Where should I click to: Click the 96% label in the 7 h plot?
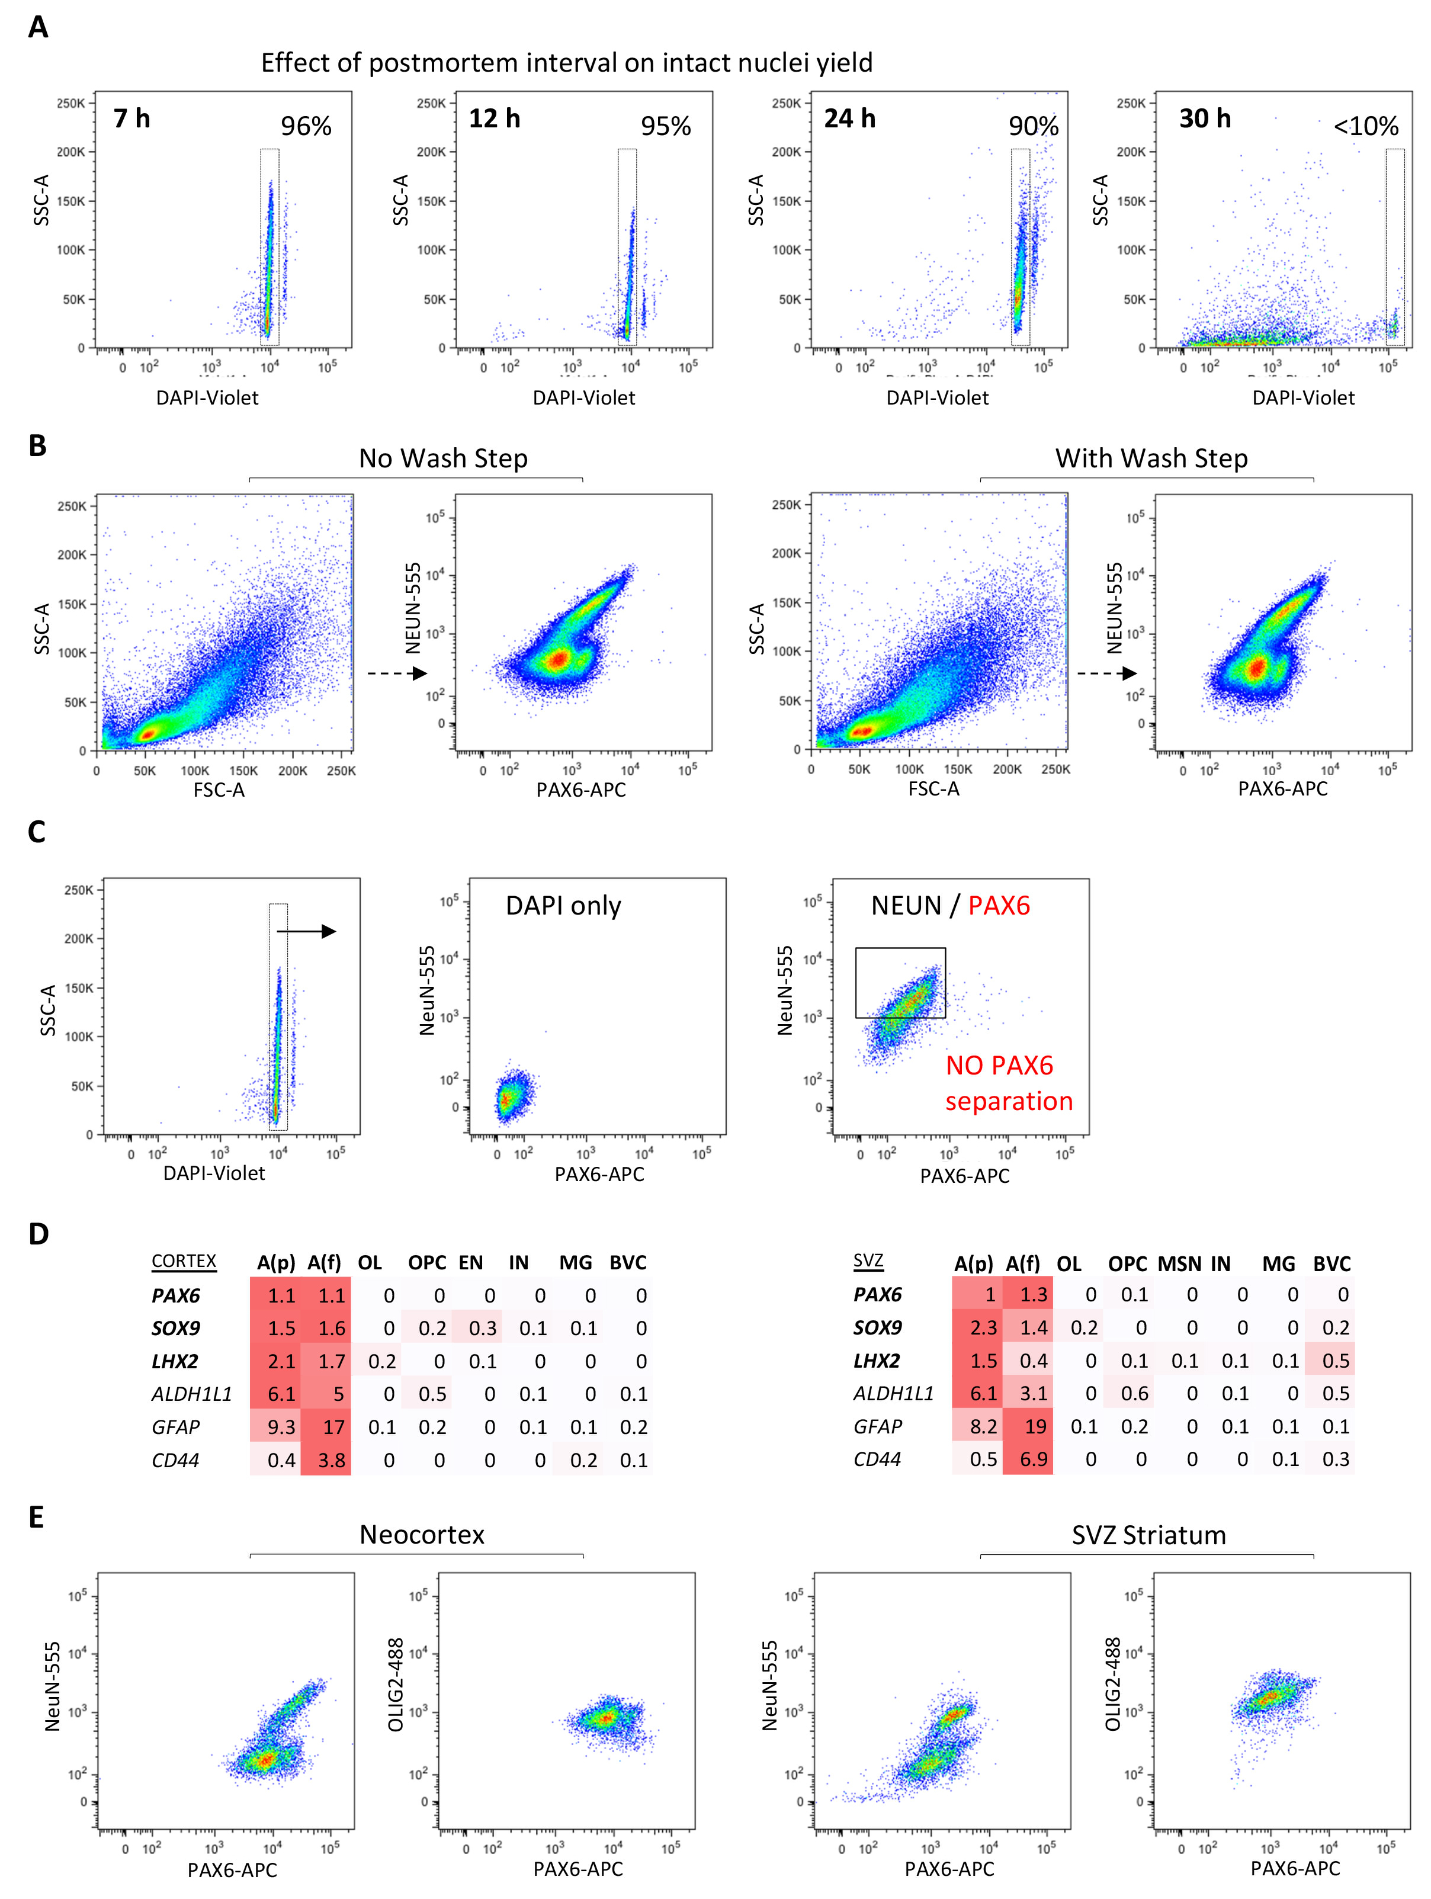(x=306, y=126)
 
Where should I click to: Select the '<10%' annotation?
(x=1365, y=126)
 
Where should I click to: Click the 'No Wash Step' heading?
(x=443, y=458)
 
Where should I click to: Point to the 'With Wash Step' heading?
(x=1151, y=458)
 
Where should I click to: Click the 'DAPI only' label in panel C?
(x=563, y=906)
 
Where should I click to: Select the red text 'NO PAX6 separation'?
(x=1009, y=1083)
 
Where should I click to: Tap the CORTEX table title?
(x=184, y=1261)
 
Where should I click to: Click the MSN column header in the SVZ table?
(x=1179, y=1263)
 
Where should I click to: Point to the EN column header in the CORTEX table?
(x=470, y=1263)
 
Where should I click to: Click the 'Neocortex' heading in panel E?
(x=422, y=1534)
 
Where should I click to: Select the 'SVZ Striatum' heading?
(x=1148, y=1535)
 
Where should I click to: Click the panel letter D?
(x=38, y=1234)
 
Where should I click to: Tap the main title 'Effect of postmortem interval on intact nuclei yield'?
(x=567, y=63)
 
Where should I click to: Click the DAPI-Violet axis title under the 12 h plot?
(x=584, y=397)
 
